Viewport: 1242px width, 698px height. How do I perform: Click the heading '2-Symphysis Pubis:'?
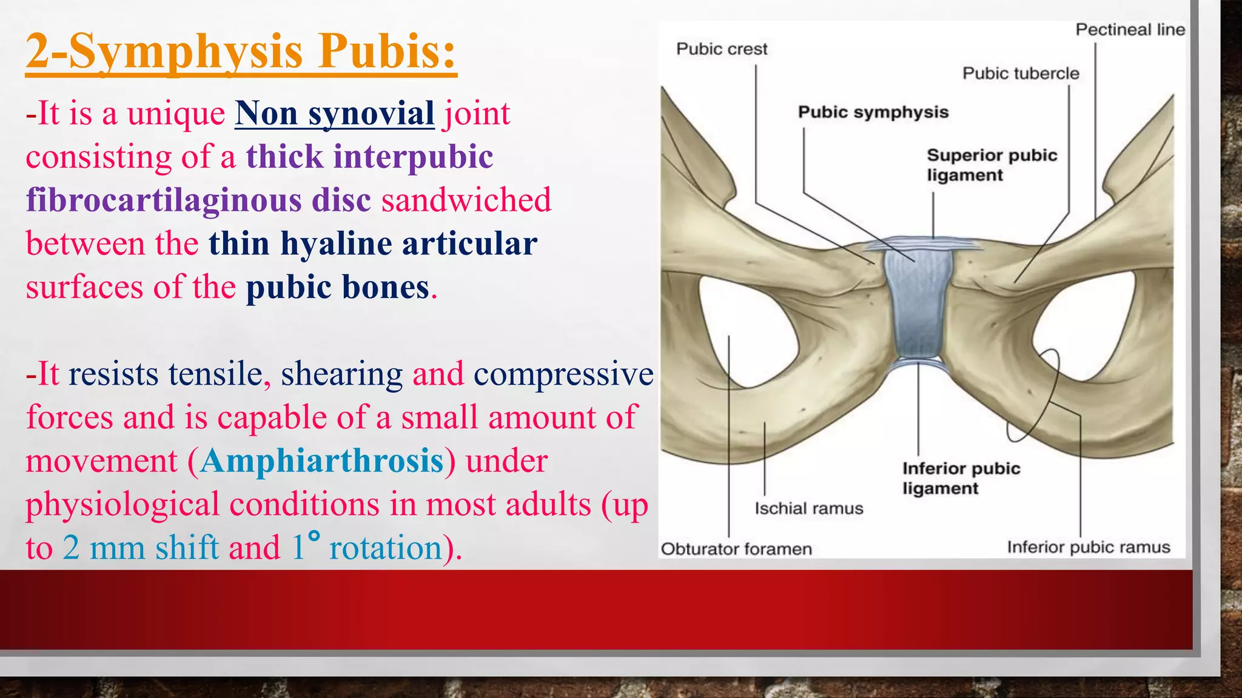coord(241,52)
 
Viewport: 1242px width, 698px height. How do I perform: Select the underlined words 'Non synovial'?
coord(334,113)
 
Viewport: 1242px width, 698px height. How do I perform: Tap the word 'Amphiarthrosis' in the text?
coord(322,461)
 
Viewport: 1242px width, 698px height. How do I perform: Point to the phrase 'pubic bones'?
coord(338,287)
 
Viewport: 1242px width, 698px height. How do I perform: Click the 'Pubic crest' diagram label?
coord(721,49)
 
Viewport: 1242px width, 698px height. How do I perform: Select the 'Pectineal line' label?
coord(1130,30)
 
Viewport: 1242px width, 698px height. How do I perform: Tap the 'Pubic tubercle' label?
coord(1021,73)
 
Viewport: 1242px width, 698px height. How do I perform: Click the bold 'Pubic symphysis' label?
coord(873,112)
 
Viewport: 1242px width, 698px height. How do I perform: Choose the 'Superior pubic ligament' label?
coord(991,165)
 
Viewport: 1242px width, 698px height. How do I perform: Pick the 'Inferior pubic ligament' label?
coord(961,478)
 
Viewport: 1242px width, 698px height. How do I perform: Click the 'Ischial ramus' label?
coord(808,508)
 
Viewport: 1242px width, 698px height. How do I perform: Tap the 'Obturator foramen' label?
coord(736,549)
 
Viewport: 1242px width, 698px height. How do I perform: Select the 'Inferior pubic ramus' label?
coord(1088,547)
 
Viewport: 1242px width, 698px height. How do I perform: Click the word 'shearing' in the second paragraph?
coord(341,374)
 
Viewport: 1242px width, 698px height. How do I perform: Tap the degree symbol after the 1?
coord(314,536)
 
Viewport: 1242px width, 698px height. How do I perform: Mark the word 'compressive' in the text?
coord(563,374)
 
